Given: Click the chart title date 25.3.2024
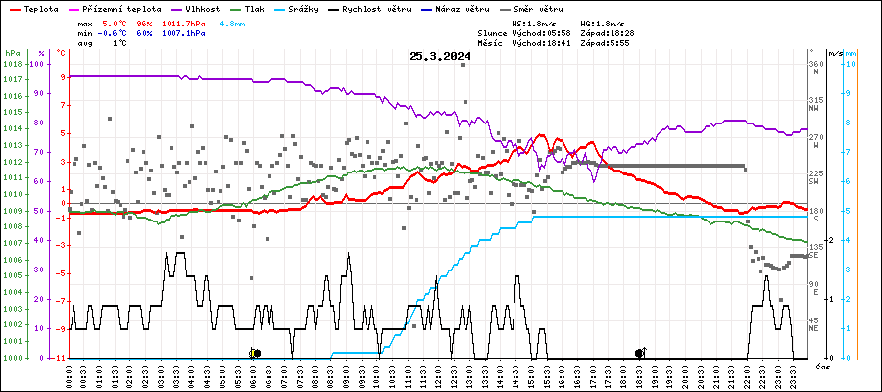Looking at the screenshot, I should tap(440, 57).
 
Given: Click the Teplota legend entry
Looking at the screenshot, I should tap(42, 8).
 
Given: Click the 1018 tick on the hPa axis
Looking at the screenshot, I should tap(13, 64).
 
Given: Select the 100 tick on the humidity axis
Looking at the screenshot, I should tap(38, 64).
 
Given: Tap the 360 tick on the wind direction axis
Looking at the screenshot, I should tap(815, 65).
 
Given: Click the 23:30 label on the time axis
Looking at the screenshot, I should tap(794, 375).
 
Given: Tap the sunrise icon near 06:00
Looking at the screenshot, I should tap(255, 353).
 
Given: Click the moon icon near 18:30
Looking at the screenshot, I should tap(640, 353).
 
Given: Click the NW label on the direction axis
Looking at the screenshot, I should tap(815, 108).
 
